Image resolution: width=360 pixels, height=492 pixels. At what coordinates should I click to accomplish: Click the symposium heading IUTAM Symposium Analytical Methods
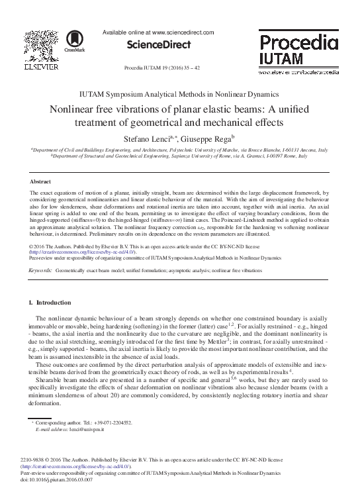pyautogui.click(x=179, y=95)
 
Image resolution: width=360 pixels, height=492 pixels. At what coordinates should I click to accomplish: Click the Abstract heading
pyautogui.click(x=41, y=181)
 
